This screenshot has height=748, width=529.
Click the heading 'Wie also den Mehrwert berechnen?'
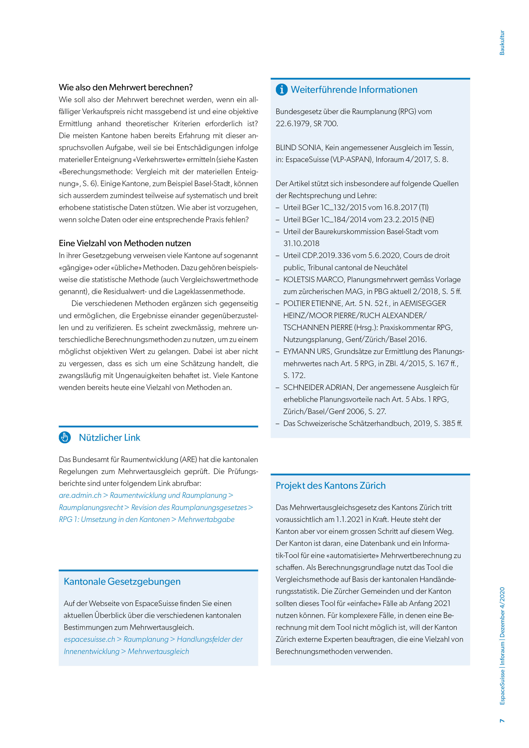(x=126, y=87)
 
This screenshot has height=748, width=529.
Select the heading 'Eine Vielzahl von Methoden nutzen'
(x=125, y=243)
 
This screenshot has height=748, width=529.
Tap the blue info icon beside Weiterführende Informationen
(x=281, y=89)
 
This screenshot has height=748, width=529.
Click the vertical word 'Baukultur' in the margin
(x=502, y=43)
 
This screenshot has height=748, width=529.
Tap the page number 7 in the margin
(x=502, y=721)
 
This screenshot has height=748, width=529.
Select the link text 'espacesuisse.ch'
(x=89, y=639)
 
